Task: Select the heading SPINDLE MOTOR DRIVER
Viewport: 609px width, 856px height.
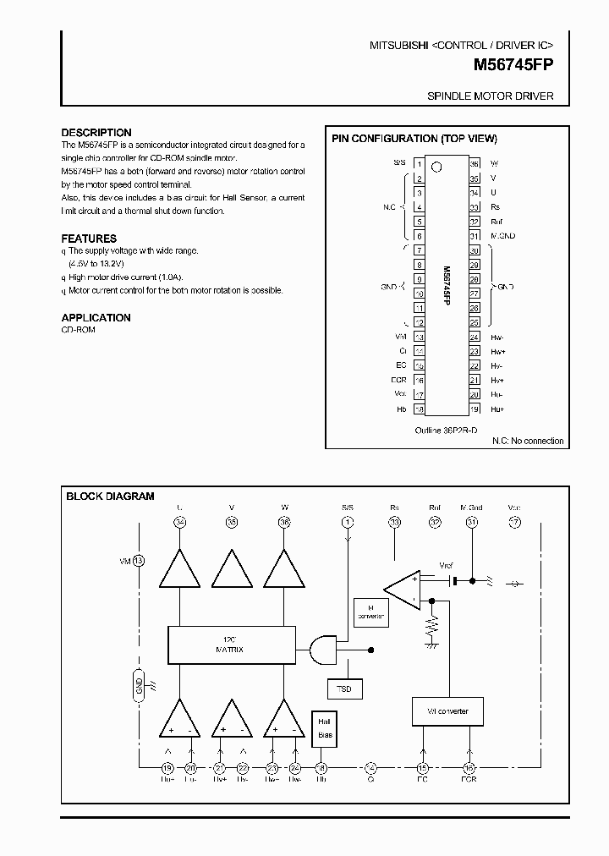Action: pos(491,96)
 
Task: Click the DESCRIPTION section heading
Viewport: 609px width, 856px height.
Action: pos(96,133)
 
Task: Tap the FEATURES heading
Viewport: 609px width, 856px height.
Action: pos(89,239)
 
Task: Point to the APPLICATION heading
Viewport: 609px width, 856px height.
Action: pos(96,318)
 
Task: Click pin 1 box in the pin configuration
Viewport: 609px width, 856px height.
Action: pos(418,163)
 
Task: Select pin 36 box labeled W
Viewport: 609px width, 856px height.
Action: pos(475,163)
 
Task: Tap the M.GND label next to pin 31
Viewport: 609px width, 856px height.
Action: pos(502,235)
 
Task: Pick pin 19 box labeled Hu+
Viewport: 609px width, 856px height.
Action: pos(475,409)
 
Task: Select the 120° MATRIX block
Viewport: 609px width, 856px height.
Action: pos(232,645)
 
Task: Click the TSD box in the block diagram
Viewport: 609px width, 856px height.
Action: pos(344,689)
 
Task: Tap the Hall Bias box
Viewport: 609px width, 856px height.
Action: pos(324,728)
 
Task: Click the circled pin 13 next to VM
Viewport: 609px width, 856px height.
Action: pos(140,561)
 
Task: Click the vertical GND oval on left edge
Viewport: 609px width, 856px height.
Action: pos(140,683)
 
